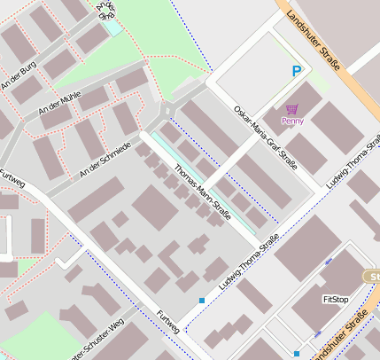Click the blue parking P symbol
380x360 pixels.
coord(296,71)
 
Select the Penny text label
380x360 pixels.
coord(292,121)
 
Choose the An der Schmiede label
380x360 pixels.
coord(105,158)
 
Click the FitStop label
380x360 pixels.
coord(336,300)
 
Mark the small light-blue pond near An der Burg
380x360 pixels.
coord(112,27)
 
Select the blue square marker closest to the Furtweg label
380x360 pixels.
coord(202,301)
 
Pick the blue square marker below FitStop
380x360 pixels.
coord(297,354)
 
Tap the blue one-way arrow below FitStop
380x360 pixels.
coord(317,334)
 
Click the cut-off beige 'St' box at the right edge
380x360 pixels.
coord(373,277)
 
